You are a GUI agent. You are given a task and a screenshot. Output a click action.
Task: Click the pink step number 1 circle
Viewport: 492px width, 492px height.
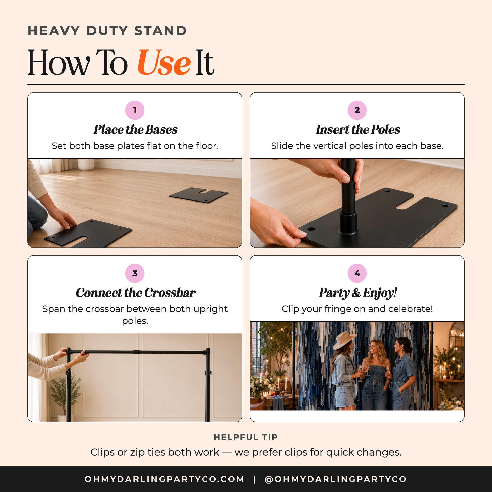point(135,110)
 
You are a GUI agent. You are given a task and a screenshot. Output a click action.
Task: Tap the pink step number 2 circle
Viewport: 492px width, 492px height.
point(357,110)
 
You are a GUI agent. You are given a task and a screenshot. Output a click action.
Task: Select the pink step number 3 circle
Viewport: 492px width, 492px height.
point(135,273)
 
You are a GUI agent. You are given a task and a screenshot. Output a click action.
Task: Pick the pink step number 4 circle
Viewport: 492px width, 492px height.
point(357,273)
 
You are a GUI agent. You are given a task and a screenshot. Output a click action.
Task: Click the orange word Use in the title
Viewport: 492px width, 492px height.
point(164,62)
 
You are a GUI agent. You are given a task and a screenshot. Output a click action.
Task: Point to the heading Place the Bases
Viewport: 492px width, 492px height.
point(135,129)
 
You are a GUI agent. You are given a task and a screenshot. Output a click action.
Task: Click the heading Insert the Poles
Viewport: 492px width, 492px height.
point(357,129)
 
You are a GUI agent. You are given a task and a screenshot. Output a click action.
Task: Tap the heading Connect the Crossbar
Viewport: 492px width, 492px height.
point(135,293)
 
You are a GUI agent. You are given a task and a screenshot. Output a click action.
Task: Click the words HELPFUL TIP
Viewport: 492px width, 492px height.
point(246,437)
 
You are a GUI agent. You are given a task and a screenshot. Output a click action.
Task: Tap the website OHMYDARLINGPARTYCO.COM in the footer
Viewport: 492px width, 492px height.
point(165,479)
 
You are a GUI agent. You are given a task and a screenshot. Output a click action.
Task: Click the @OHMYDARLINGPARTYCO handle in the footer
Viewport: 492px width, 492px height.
point(336,479)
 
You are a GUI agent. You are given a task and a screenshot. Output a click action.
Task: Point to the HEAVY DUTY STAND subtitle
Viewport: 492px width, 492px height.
point(107,31)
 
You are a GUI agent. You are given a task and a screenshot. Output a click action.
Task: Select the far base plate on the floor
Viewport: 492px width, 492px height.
point(199,195)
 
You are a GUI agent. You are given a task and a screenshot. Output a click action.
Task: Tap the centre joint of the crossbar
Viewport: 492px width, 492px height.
point(137,352)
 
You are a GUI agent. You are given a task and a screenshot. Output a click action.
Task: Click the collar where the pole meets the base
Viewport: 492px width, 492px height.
point(349,222)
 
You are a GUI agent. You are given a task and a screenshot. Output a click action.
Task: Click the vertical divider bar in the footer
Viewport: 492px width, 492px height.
point(254,479)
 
